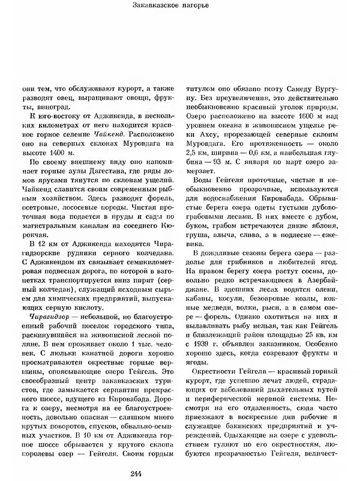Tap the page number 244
point(179,474)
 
